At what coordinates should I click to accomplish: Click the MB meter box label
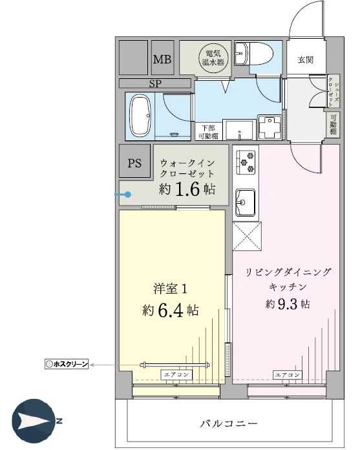[162, 59]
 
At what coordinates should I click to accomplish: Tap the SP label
[155, 83]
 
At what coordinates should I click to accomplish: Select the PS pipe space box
[134, 161]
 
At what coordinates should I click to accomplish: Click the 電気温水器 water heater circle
[213, 58]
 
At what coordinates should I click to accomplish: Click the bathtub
[140, 116]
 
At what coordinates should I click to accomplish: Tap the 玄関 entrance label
[305, 60]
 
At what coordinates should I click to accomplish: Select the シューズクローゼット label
[334, 91]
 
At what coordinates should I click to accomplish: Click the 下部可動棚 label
[208, 132]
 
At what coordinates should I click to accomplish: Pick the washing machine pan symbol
[270, 127]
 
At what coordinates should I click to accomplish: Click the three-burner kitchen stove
[246, 162]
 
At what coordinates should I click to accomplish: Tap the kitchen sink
[245, 202]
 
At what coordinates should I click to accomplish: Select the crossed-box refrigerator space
[247, 236]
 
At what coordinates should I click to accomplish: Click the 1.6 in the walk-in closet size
[187, 189]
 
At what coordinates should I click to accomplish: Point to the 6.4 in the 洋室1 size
[171, 310]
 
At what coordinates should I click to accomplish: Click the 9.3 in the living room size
[288, 304]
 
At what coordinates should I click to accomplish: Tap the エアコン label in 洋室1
[176, 374]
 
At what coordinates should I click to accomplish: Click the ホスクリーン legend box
[67, 364]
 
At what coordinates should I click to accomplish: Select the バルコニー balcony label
[229, 423]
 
